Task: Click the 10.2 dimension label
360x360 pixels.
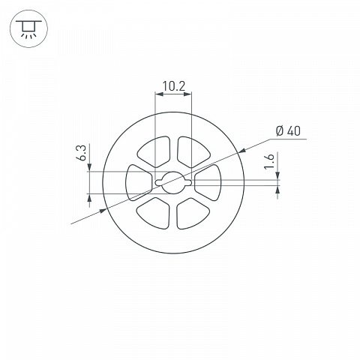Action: click(174, 86)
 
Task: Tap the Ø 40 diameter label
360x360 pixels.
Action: click(288, 131)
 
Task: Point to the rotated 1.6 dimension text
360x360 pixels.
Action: click(269, 161)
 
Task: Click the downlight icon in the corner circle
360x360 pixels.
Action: click(28, 28)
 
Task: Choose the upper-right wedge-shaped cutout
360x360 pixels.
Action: click(193, 151)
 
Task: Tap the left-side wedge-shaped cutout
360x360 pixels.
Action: click(139, 182)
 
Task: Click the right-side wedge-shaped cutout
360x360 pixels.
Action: click(208, 182)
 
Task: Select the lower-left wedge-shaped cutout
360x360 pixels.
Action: click(154, 213)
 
